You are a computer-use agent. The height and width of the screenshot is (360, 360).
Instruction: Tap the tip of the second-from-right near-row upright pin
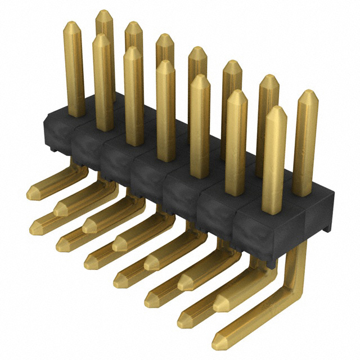[x=237, y=91]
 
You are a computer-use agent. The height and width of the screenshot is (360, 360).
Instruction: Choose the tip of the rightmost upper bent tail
[x=216, y=304]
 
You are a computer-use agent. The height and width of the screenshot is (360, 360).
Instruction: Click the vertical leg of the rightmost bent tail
[x=296, y=264]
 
